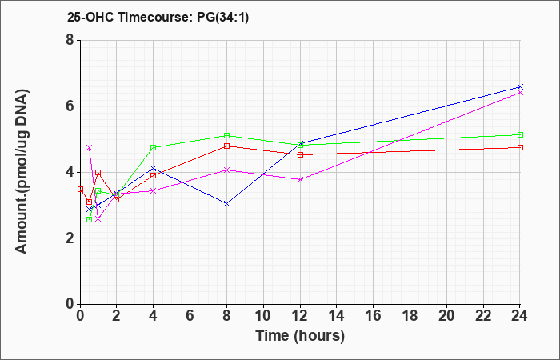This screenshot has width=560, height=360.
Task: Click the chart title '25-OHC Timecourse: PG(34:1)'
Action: click(158, 17)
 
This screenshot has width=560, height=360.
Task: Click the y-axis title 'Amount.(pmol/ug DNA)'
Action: click(22, 172)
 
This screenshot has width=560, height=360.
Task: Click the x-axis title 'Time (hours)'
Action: click(300, 336)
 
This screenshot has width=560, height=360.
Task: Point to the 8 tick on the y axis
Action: click(70, 40)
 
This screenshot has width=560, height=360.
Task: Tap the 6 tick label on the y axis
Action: click(70, 106)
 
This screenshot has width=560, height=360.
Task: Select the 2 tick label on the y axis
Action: click(70, 238)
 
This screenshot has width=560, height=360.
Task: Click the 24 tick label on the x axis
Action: click(519, 316)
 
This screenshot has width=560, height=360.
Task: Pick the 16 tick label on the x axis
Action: click(373, 316)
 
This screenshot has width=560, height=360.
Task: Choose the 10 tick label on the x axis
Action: click(263, 316)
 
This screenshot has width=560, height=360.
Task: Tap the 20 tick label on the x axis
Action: click(446, 316)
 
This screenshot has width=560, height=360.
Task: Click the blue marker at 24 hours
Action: click(520, 87)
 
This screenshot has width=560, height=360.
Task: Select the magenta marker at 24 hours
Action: click(520, 93)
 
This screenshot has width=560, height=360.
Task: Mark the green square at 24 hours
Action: click(520, 134)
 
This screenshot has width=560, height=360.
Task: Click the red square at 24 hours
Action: click(520, 147)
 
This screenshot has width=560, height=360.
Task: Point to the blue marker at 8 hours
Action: click(226, 204)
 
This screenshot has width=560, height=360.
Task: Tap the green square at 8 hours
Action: click(226, 136)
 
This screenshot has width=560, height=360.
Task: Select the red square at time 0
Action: click(80, 190)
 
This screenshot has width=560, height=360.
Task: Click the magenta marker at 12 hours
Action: click(300, 180)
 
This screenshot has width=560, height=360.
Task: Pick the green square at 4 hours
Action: click(154, 147)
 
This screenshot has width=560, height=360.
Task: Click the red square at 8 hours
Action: click(226, 146)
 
